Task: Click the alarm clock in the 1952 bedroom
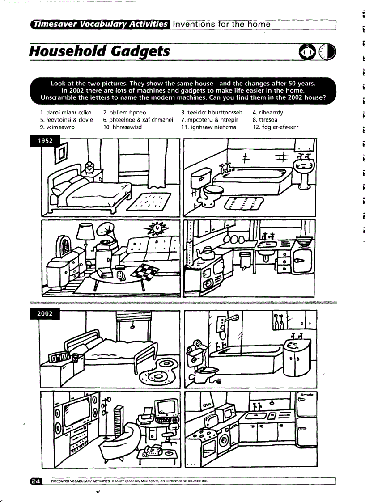90,168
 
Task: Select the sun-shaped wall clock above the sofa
157,229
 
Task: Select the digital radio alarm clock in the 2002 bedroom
59,357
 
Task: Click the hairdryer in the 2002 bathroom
197,347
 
